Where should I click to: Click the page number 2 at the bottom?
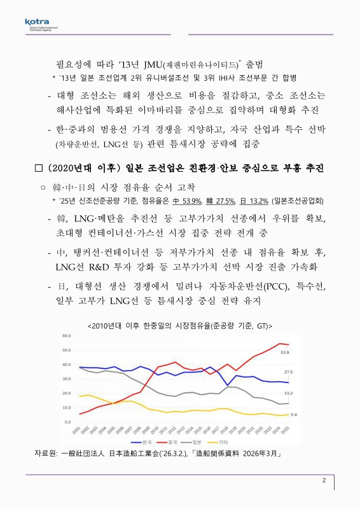point(324,481)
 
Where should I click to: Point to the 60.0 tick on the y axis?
point(66,335)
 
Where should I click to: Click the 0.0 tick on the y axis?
point(67,422)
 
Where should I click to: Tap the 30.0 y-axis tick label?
point(66,379)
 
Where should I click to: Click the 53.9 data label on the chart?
point(285,352)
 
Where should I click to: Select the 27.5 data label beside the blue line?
point(288,372)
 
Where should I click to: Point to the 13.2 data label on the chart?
point(288,394)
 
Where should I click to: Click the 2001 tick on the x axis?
point(76,431)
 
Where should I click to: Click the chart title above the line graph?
point(180,325)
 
